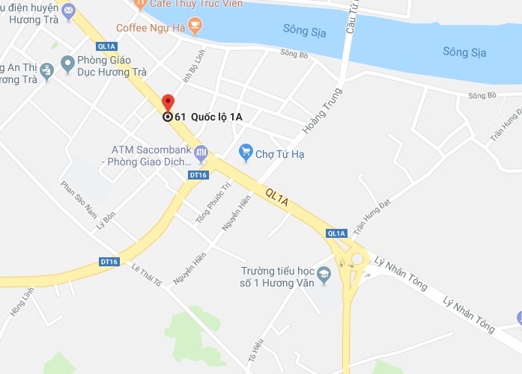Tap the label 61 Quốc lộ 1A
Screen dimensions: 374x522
pos(208,117)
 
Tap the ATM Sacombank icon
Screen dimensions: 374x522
pos(200,153)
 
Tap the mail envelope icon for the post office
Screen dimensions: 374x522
pos(68,10)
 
